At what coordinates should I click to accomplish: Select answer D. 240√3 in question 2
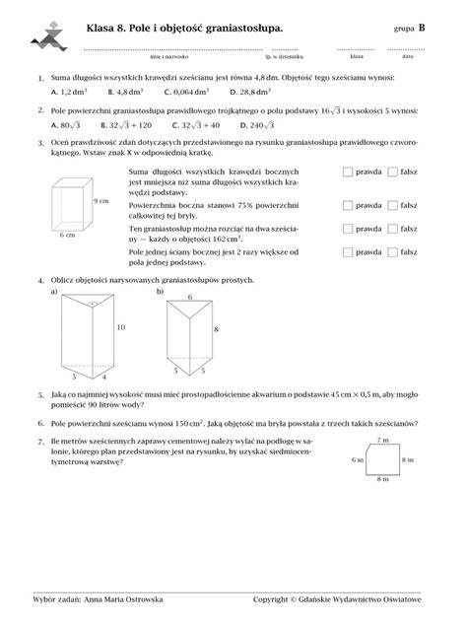pyautogui.click(x=257, y=125)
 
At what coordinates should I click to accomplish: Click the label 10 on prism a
pyautogui.click(x=121, y=326)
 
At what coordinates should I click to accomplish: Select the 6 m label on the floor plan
pyautogui.click(x=361, y=458)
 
